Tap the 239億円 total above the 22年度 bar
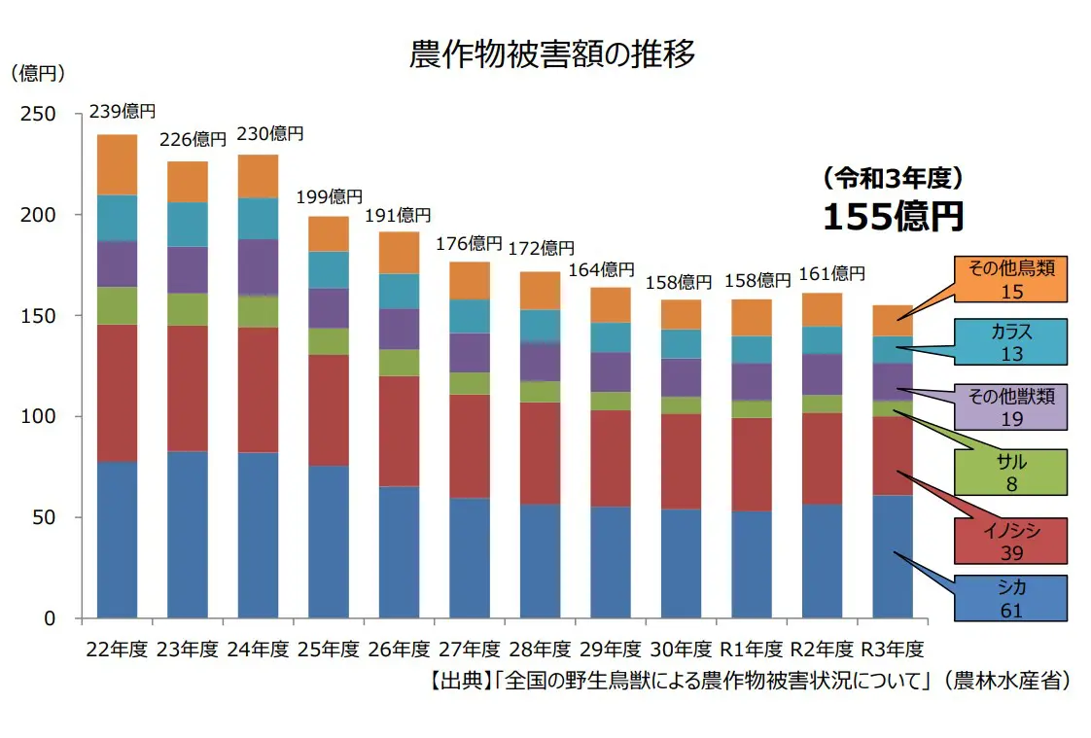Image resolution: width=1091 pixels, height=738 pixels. [x=123, y=112]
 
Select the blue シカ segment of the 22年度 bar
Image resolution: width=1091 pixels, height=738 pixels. [x=118, y=540]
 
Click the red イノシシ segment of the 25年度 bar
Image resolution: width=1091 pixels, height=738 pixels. [x=329, y=410]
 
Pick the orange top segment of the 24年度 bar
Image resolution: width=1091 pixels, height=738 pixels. [x=258, y=176]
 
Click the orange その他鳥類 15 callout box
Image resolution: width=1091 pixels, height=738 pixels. [x=1010, y=278]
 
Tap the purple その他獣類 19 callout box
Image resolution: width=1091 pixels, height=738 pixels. [x=1010, y=406]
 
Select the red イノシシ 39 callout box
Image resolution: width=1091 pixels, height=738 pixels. [x=1010, y=542]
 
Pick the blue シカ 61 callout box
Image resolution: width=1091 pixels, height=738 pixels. [x=1010, y=598]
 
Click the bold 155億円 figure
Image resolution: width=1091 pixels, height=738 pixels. [x=893, y=217]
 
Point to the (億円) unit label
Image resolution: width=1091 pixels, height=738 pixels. [x=38, y=74]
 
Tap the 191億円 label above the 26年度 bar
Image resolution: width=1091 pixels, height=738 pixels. [x=398, y=216]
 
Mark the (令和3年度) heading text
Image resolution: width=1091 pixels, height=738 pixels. [x=892, y=178]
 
